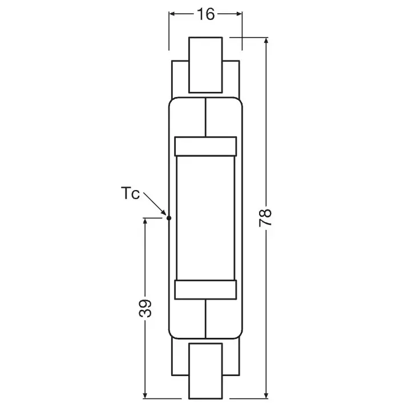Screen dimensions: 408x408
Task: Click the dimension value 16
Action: point(205,14)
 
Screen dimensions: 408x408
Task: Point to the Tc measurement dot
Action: point(168,217)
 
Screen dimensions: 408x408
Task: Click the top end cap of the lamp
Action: point(205,64)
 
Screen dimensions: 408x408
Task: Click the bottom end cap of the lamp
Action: point(205,370)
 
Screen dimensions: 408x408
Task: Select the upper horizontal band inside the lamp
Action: point(205,146)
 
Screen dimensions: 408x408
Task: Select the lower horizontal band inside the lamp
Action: point(205,290)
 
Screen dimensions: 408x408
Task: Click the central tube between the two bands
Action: point(205,218)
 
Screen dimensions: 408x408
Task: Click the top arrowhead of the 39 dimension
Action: point(146,221)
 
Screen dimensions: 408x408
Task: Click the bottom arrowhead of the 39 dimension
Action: point(146,393)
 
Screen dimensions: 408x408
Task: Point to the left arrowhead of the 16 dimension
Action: point(172,14)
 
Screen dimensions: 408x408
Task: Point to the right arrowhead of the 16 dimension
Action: point(239,14)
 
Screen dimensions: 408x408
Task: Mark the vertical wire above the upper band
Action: point(205,117)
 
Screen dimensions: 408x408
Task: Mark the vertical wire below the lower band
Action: point(205,320)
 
